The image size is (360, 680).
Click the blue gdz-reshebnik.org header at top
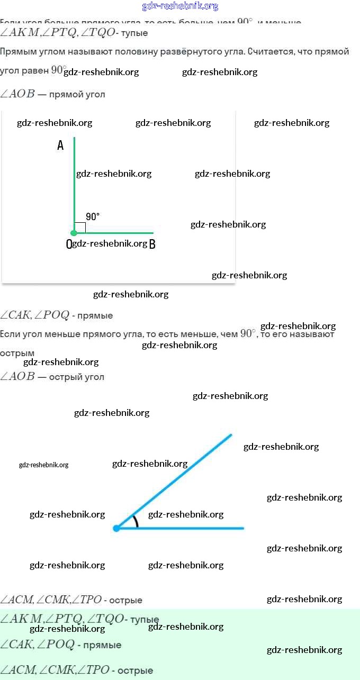click(x=180, y=6)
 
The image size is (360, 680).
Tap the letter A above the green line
click(x=60, y=146)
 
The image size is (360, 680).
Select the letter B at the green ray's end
click(x=152, y=244)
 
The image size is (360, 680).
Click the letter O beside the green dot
click(x=68, y=244)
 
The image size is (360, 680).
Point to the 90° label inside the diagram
click(x=93, y=216)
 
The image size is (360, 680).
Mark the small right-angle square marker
click(x=80, y=227)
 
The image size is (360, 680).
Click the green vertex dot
click(x=74, y=232)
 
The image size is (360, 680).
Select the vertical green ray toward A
click(x=75, y=180)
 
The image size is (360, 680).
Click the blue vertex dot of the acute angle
click(x=116, y=528)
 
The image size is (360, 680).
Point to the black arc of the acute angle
click(x=136, y=521)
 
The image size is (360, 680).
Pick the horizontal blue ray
click(x=185, y=528)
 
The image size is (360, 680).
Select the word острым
click(x=17, y=353)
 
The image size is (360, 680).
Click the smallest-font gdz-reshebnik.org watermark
click(x=43, y=465)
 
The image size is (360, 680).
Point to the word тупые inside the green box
click(x=144, y=619)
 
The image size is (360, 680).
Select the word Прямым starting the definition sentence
click(x=16, y=52)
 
